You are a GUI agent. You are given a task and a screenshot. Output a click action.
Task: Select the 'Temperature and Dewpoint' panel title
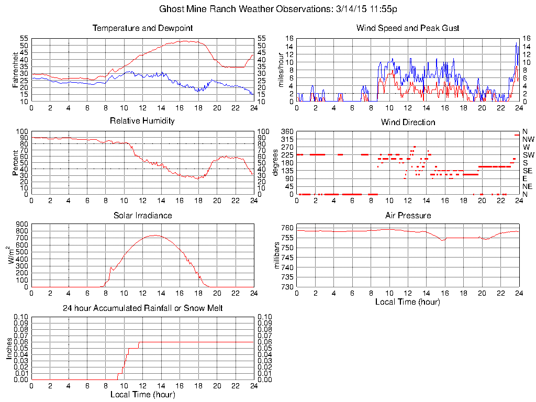142,28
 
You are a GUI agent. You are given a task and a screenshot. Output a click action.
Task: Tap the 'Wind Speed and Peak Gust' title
407,28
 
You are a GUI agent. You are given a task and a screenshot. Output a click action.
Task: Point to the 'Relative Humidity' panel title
142,121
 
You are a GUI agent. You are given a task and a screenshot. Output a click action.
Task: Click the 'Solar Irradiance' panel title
142,215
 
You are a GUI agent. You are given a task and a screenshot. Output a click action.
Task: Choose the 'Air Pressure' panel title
407,215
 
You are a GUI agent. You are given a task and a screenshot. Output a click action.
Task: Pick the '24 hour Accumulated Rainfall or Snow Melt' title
142,308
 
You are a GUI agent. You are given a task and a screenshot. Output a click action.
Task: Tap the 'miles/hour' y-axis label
281,70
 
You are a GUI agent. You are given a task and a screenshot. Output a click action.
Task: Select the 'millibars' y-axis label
277,256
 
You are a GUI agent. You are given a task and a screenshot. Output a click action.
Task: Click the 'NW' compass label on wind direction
528,139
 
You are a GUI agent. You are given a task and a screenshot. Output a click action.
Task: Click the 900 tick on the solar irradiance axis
21,225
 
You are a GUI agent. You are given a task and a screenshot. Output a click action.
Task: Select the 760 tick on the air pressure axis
286,228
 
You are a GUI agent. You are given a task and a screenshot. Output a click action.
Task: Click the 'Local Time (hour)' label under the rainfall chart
142,394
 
